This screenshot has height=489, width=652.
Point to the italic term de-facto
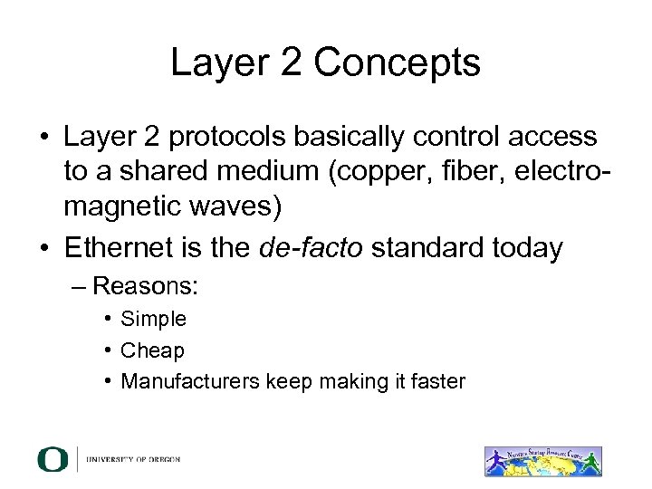[x=307, y=248]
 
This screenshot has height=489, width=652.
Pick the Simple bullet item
[x=153, y=319]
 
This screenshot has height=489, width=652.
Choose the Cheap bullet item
[x=152, y=350]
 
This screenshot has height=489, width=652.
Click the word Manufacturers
[x=189, y=381]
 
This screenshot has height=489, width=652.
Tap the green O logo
[x=53, y=459]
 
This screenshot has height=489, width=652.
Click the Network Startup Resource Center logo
[x=543, y=460]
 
